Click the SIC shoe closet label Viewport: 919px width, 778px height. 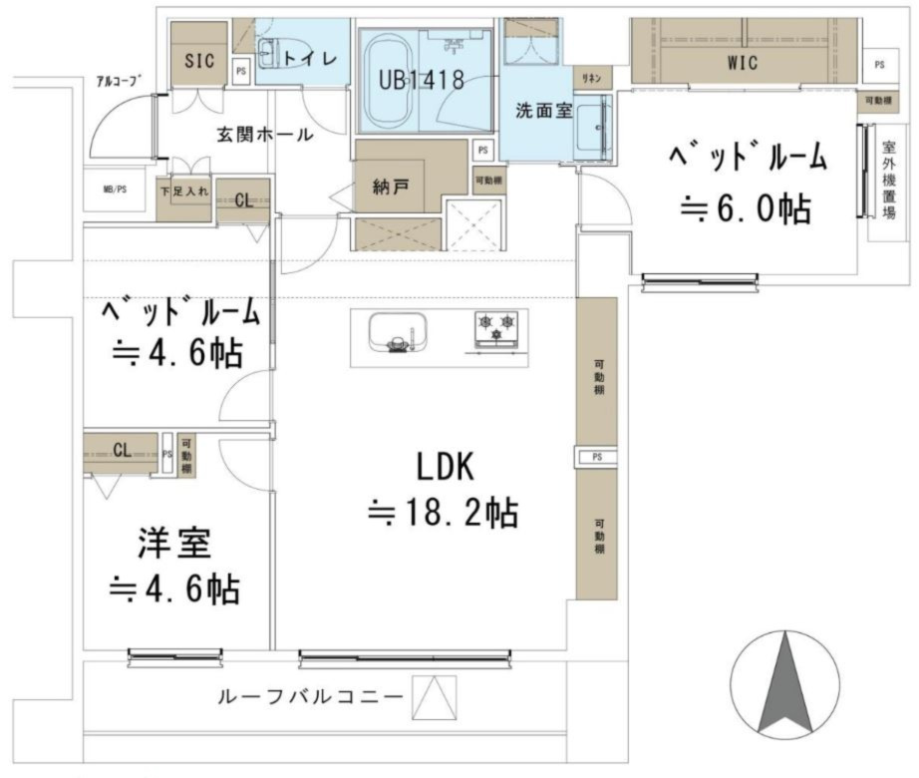pos(199,60)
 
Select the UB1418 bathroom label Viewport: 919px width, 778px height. pos(421,81)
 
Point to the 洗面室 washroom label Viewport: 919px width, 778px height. pos(543,111)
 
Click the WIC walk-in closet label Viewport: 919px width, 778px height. pos(742,63)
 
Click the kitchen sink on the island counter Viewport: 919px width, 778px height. pos(396,331)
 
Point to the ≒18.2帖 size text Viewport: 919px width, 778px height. pos(443,514)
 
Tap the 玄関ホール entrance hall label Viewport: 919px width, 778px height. pos(264,135)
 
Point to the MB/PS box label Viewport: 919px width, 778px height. pos(115,190)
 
